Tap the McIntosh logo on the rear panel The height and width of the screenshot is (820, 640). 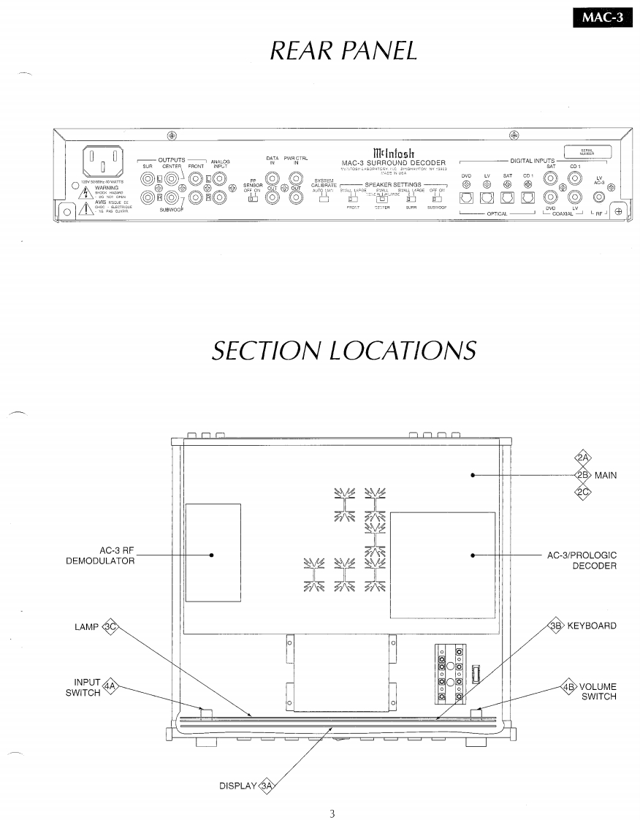point(393,152)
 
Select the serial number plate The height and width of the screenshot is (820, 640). point(585,153)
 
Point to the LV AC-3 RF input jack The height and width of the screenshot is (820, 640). point(600,196)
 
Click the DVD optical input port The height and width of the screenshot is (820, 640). point(466,197)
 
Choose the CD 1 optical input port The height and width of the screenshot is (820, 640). point(527,197)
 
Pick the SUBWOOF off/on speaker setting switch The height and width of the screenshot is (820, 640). point(437,198)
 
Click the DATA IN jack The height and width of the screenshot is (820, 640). point(273,178)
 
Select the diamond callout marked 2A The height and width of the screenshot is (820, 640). point(582,458)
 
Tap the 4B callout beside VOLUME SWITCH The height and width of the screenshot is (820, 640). point(568,687)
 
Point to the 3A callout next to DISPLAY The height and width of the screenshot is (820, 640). point(268,786)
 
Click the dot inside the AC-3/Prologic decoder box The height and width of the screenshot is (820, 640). point(473,555)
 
